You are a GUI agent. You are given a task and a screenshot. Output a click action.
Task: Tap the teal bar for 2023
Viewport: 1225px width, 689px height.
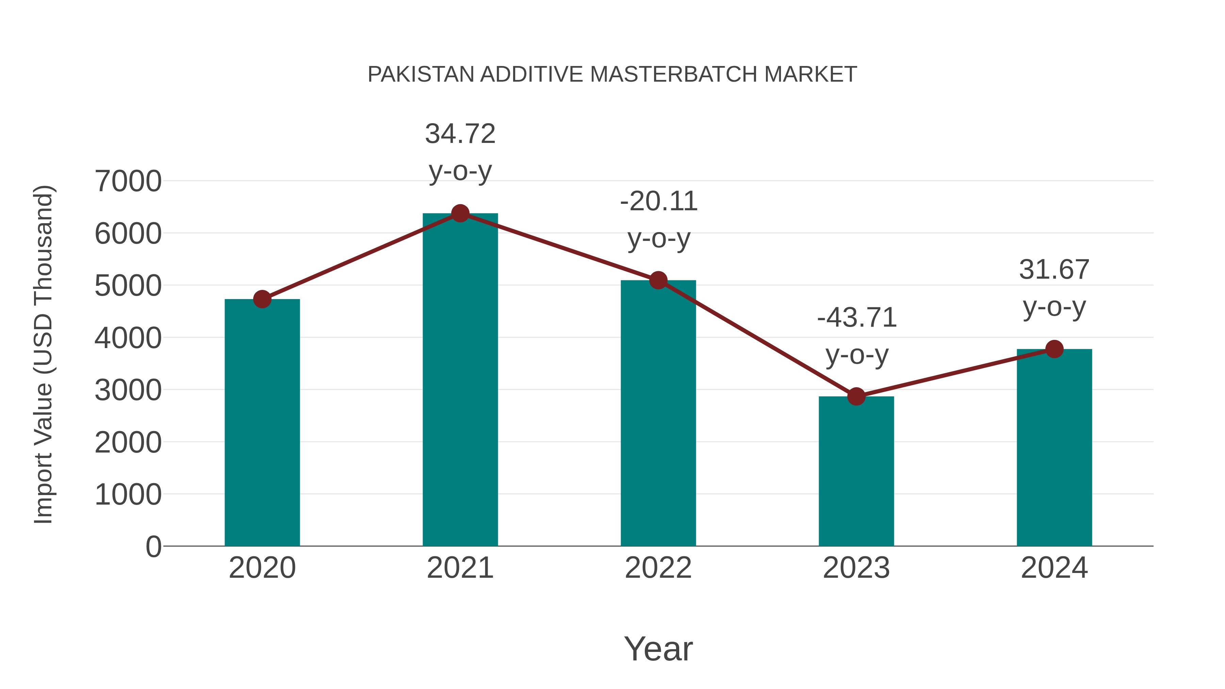(856, 471)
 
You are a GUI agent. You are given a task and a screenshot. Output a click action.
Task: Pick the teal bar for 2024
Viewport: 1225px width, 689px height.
(1054, 447)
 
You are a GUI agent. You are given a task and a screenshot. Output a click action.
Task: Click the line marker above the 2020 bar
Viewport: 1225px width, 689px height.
(262, 299)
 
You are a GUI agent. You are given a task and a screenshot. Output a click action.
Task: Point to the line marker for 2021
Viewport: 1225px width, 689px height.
(460, 213)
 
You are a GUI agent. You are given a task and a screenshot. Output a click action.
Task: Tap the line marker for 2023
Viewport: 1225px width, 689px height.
(856, 396)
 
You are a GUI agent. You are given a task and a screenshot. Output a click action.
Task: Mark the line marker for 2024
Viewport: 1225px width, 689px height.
(1054, 349)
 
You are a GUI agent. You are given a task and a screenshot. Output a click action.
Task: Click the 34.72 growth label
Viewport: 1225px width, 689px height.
(460, 134)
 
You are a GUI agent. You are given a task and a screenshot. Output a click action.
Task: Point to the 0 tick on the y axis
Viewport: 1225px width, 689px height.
(153, 546)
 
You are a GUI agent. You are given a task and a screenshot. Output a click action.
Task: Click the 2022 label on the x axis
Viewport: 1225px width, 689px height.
(658, 568)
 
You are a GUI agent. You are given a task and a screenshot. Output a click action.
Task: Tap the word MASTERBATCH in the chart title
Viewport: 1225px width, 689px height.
(674, 75)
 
